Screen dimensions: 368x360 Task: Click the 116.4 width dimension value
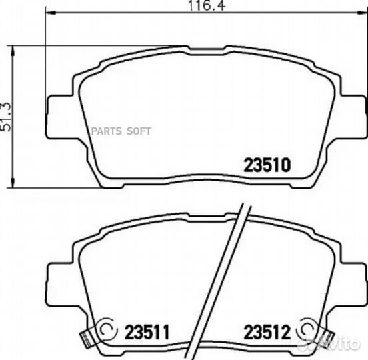tap(207, 5)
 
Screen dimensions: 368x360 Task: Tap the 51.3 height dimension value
tap(6, 117)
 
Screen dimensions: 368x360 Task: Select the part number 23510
tap(267, 165)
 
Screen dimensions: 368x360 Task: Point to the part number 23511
tap(147, 332)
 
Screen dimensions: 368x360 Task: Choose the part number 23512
tap(267, 332)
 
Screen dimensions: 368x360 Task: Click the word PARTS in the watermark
tap(106, 131)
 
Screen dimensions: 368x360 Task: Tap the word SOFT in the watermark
tap(139, 131)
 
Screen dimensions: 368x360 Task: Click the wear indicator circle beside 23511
tap(108, 329)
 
